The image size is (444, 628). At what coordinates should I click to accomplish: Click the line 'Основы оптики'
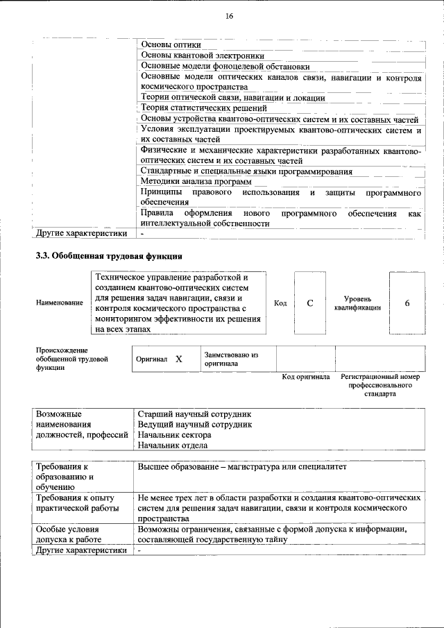[166, 44]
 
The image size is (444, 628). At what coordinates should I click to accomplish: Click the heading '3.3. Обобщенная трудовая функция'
[108, 255]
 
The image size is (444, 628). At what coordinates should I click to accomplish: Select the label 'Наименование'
[60, 304]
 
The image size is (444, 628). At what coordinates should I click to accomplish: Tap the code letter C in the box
[310, 303]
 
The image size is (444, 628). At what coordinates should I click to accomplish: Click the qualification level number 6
[407, 303]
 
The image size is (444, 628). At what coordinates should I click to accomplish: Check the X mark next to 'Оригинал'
[178, 359]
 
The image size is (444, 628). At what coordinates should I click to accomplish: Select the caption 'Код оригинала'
[305, 377]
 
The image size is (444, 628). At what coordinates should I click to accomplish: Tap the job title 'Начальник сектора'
[174, 434]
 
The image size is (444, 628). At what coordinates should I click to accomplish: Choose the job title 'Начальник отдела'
[173, 445]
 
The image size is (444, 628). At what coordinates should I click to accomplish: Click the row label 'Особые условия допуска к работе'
[67, 534]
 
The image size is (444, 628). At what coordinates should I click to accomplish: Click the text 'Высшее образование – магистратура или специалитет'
[241, 468]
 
